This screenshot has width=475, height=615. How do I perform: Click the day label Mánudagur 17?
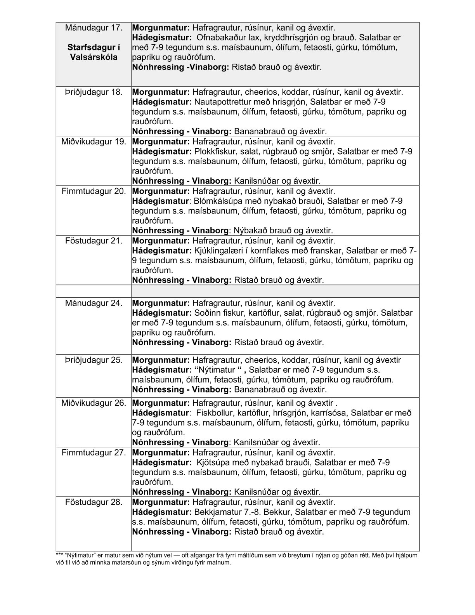[x=94, y=28]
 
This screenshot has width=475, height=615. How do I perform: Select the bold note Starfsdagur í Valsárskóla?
[x=94, y=52]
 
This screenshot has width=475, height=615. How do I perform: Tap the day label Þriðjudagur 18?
[x=94, y=92]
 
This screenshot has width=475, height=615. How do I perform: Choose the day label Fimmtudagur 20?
[x=94, y=191]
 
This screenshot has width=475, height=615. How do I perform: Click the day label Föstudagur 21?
[x=94, y=241]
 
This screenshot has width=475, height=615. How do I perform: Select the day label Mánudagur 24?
[x=94, y=303]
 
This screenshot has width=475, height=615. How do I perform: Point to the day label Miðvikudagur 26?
[x=94, y=403]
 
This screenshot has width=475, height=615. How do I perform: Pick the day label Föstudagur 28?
[x=94, y=502]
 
